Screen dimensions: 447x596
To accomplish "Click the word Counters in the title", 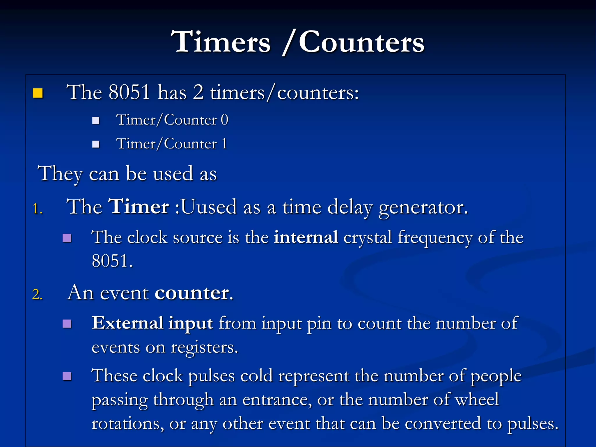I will click(x=361, y=43).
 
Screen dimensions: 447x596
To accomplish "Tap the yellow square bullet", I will click(x=38, y=93).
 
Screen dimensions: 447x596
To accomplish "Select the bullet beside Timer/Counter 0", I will click(x=96, y=120).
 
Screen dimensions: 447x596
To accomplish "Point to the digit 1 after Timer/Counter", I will click(x=224, y=143).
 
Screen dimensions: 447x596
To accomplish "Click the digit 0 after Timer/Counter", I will click(x=224, y=120).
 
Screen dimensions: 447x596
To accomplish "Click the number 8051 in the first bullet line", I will click(x=129, y=92).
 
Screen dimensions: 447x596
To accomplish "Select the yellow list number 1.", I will click(x=37, y=209).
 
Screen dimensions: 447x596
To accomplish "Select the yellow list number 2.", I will click(x=37, y=295).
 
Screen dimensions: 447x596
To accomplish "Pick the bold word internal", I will click(x=306, y=237).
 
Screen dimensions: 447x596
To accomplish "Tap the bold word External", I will click(x=127, y=323).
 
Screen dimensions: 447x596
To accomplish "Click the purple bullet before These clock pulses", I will click(x=67, y=376).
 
